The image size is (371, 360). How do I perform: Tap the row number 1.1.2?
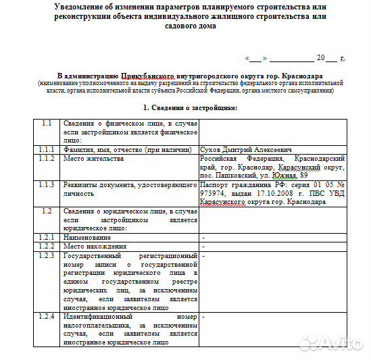click(x=46, y=158)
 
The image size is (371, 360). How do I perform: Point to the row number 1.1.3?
click(x=46, y=184)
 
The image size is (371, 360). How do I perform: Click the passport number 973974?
click(x=216, y=192)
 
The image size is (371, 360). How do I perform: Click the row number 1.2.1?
click(x=46, y=238)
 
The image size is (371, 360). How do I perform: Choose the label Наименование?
click(x=87, y=238)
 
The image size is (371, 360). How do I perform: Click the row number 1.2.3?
click(x=46, y=256)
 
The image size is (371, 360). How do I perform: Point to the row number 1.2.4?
click(x=46, y=316)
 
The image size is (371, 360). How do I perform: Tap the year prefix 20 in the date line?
click(x=322, y=58)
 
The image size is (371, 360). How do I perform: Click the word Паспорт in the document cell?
click(x=217, y=184)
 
